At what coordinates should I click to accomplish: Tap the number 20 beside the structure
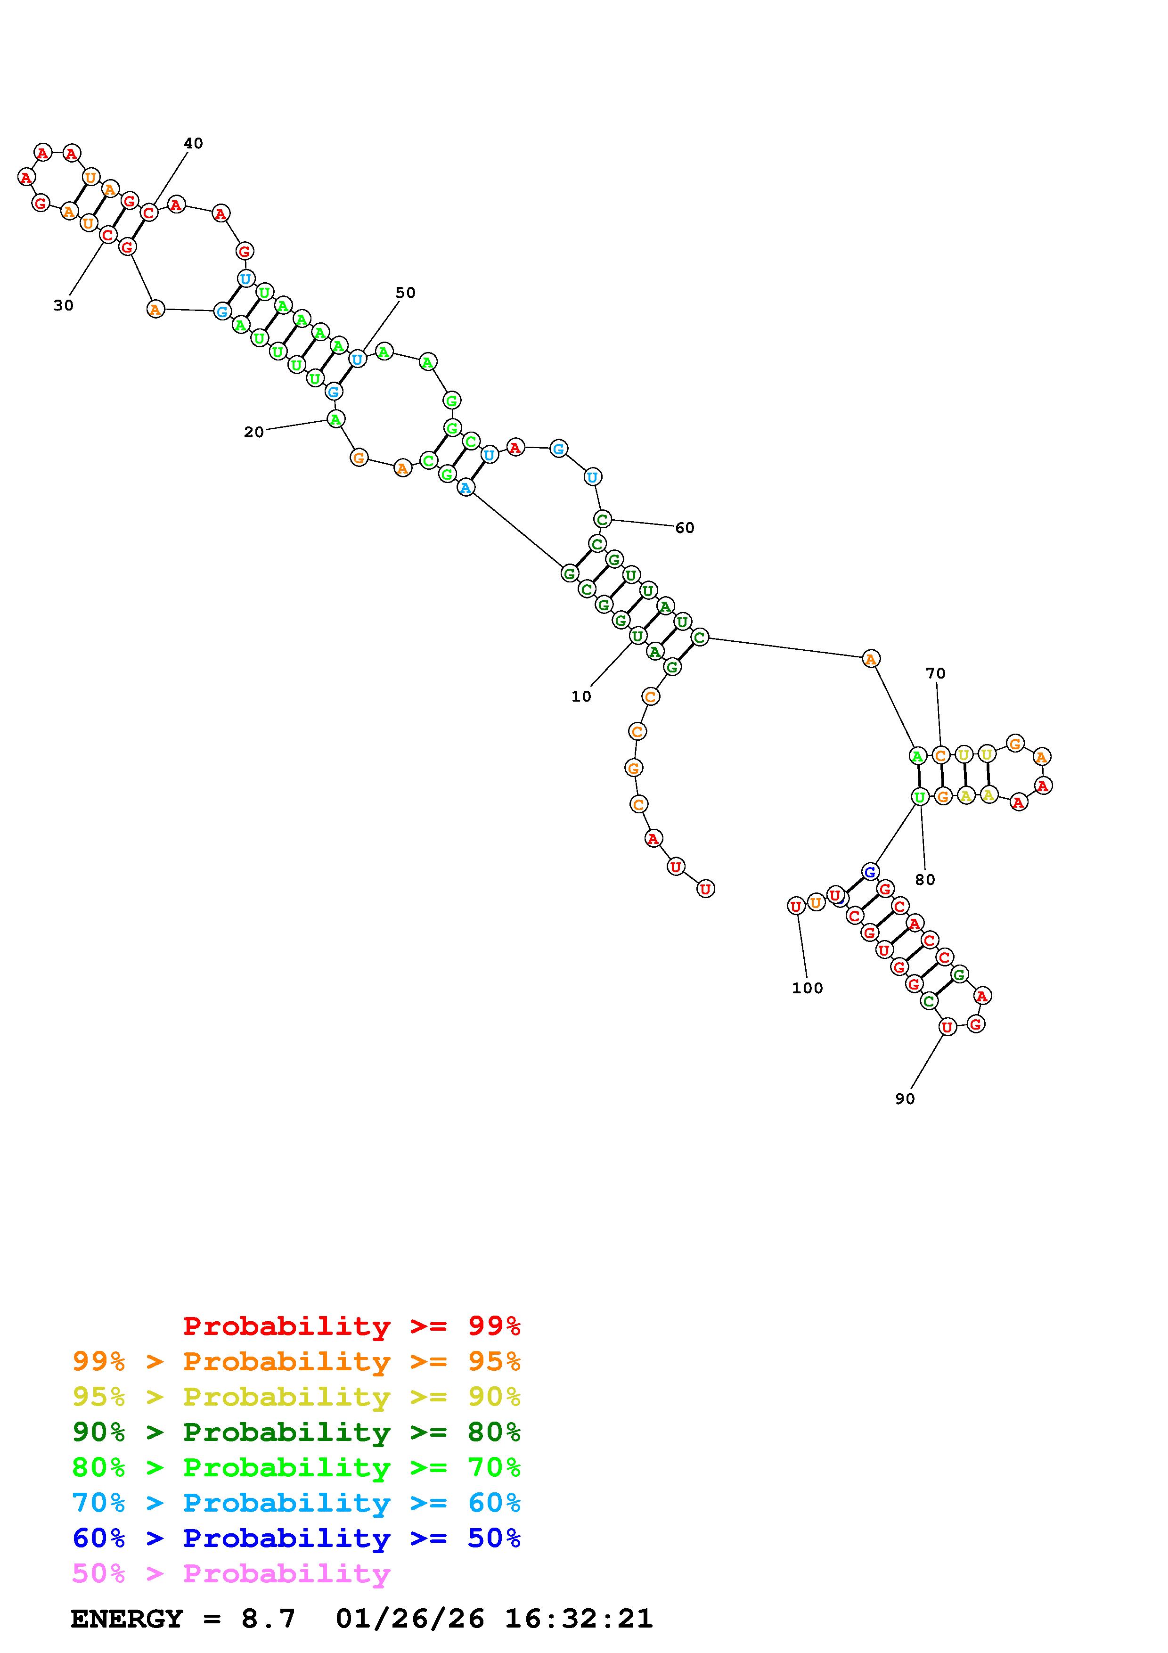pyautogui.click(x=253, y=432)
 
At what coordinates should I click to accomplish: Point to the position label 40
pyautogui.click(x=193, y=143)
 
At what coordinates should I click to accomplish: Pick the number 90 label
pyautogui.click(x=905, y=1099)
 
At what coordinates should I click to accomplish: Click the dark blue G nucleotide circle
pyautogui.click(x=870, y=871)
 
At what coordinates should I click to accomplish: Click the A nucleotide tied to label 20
pyautogui.click(x=335, y=418)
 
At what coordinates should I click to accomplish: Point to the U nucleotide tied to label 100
pyautogui.click(x=795, y=907)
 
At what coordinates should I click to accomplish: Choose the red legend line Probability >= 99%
pyautogui.click(x=352, y=1326)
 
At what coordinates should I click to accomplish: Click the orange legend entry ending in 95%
pyautogui.click(x=296, y=1361)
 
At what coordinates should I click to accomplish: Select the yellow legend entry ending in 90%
pyautogui.click(x=296, y=1397)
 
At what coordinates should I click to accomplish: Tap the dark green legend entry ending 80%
pyautogui.click(x=296, y=1432)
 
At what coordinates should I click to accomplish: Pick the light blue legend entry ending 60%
pyautogui.click(x=296, y=1503)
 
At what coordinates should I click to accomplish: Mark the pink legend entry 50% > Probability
pyautogui.click(x=231, y=1573)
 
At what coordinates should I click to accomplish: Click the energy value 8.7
pyautogui.click(x=268, y=1619)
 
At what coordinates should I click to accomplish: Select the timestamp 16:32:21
pyautogui.click(x=579, y=1619)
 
